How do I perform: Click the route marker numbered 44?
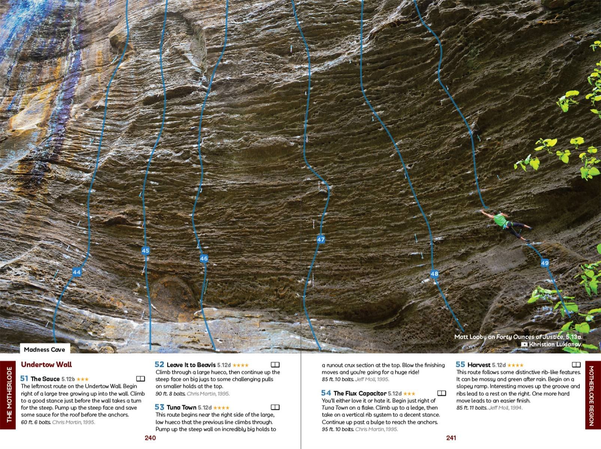pos(77,272)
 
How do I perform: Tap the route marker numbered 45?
pos(146,251)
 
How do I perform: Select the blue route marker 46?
pos(204,258)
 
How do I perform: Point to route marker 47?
pos(321,239)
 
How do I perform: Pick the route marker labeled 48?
pos(434,274)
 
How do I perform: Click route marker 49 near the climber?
pos(545,263)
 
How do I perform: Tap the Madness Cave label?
pos(44,349)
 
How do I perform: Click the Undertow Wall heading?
pos(46,364)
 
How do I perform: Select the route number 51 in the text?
pos(24,379)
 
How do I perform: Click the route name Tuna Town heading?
pos(181,407)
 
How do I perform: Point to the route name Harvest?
pos(479,364)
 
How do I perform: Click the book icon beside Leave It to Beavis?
pos(275,364)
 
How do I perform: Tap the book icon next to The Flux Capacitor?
pos(441,393)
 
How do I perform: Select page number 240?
pos(150,438)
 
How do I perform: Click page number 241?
pos(451,438)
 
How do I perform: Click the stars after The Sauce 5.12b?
pos(82,379)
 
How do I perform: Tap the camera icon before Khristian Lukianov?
pos(524,344)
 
